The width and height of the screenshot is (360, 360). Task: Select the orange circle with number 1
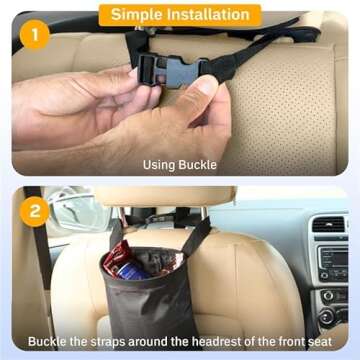point(34,37)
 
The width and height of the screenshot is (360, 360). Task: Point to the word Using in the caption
point(160,165)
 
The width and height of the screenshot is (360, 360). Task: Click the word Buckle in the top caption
point(198,165)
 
